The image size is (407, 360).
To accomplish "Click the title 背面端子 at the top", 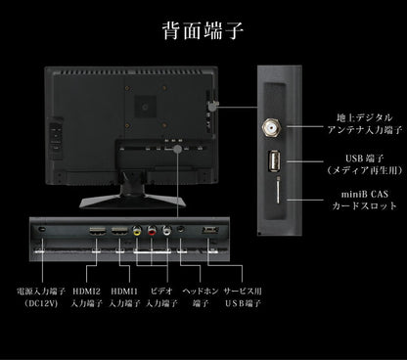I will [203, 28].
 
